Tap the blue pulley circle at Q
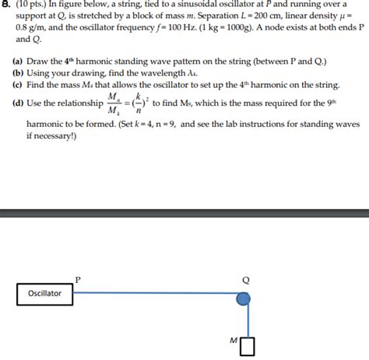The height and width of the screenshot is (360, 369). (x=244, y=298)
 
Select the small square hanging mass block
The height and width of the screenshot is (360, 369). (x=248, y=345)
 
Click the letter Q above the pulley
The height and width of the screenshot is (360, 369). (x=246, y=280)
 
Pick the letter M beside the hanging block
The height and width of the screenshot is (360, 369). (x=233, y=340)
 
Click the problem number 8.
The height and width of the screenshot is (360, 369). (x=6, y=5)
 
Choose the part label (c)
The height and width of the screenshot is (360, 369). (x=17, y=85)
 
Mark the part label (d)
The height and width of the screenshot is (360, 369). (x=17, y=103)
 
